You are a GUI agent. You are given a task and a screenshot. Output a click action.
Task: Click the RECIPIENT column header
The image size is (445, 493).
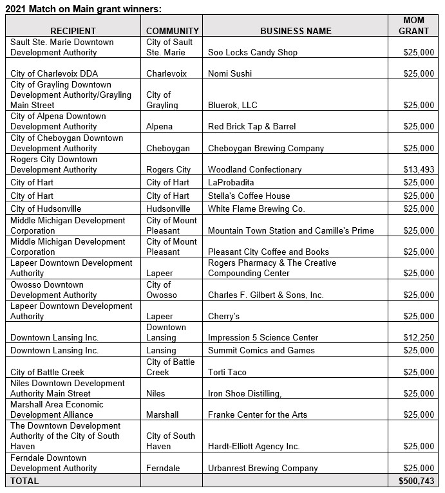[x=73, y=31]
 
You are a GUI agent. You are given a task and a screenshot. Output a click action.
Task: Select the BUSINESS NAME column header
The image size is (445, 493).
[x=296, y=31]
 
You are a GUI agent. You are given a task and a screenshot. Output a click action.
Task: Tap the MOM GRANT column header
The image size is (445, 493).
[x=413, y=26]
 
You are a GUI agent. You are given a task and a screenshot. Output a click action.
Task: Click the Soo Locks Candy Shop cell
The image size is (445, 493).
[x=252, y=53]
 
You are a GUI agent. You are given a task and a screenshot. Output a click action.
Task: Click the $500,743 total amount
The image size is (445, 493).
[x=416, y=481]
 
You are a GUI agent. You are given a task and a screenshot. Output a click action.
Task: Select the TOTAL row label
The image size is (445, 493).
[x=24, y=481]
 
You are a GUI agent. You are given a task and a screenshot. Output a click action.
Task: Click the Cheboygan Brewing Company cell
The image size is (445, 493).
[x=266, y=149]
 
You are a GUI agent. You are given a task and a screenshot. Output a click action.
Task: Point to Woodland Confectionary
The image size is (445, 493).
[x=254, y=170]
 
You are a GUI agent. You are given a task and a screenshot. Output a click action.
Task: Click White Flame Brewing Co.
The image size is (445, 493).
[x=256, y=209]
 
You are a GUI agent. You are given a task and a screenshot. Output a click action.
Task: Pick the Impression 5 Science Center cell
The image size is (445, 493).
[x=263, y=338]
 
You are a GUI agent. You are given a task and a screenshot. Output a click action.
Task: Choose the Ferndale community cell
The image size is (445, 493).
[x=163, y=469]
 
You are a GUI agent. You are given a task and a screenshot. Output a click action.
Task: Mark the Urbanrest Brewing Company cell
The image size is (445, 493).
[x=263, y=469]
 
